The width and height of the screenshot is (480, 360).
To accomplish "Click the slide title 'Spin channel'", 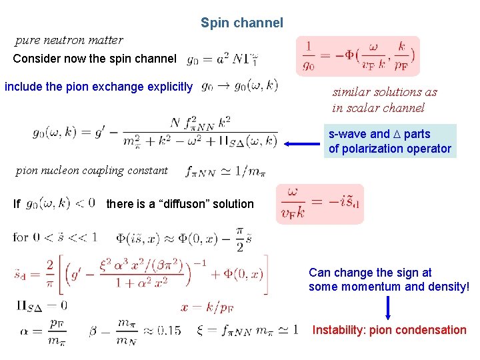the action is click(242, 23).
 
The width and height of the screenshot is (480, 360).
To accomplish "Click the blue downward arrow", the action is click(388, 309).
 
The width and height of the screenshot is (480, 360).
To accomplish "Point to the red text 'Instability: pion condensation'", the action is click(389, 330).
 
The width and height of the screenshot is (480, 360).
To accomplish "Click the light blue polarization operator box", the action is click(389, 141).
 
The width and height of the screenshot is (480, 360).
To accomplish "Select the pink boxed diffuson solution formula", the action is click(320, 203).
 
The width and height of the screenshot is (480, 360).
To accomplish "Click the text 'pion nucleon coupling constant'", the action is click(91, 171).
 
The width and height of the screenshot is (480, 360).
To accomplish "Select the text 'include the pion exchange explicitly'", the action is click(99, 86).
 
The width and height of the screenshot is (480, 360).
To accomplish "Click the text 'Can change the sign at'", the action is click(370, 273).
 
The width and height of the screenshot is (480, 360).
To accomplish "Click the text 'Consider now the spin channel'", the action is click(95, 59).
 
